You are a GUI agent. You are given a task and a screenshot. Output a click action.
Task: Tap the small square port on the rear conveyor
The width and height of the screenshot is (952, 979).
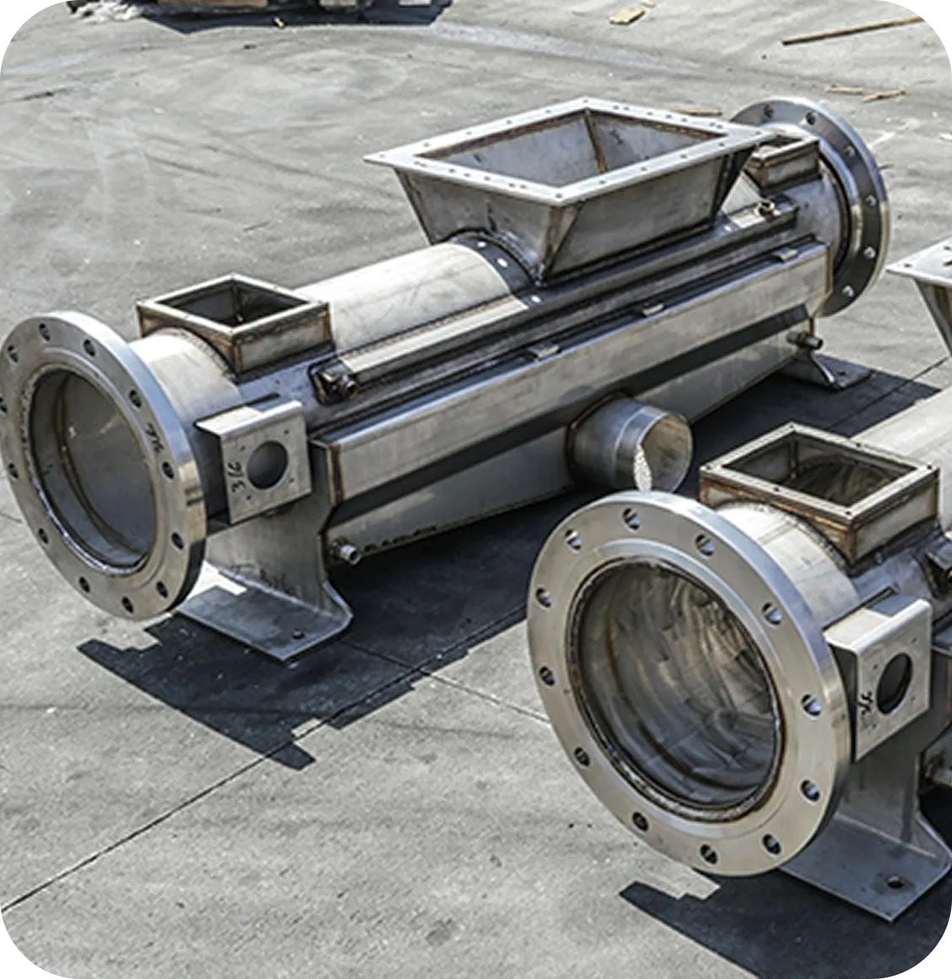234,320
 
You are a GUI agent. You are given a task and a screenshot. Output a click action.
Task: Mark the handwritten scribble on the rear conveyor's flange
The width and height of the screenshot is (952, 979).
154,438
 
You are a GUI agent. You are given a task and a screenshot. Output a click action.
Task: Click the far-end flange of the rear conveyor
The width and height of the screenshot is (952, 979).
852,203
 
